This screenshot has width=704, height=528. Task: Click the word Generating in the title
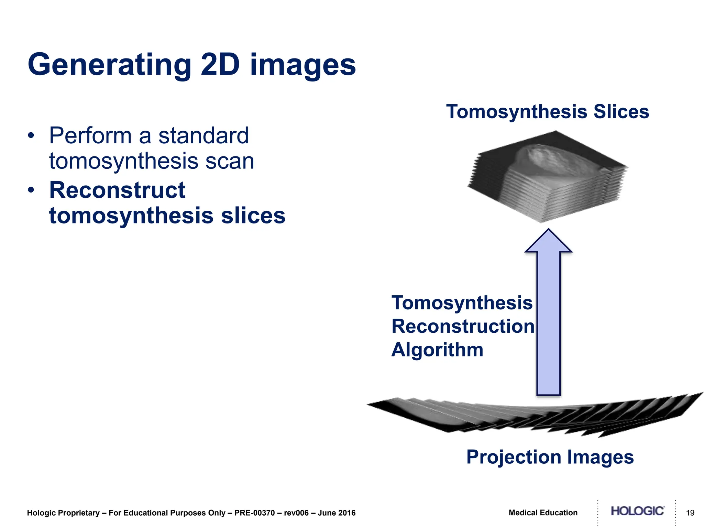point(109,65)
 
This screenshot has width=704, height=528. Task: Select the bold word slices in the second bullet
point(253,216)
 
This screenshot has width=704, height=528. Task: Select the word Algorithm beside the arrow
point(437,350)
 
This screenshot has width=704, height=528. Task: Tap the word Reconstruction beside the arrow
point(463,326)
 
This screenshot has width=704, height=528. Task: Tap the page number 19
point(690,513)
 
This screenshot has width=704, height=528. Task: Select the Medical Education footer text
point(543,513)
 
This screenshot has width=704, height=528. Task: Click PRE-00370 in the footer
point(254,513)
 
